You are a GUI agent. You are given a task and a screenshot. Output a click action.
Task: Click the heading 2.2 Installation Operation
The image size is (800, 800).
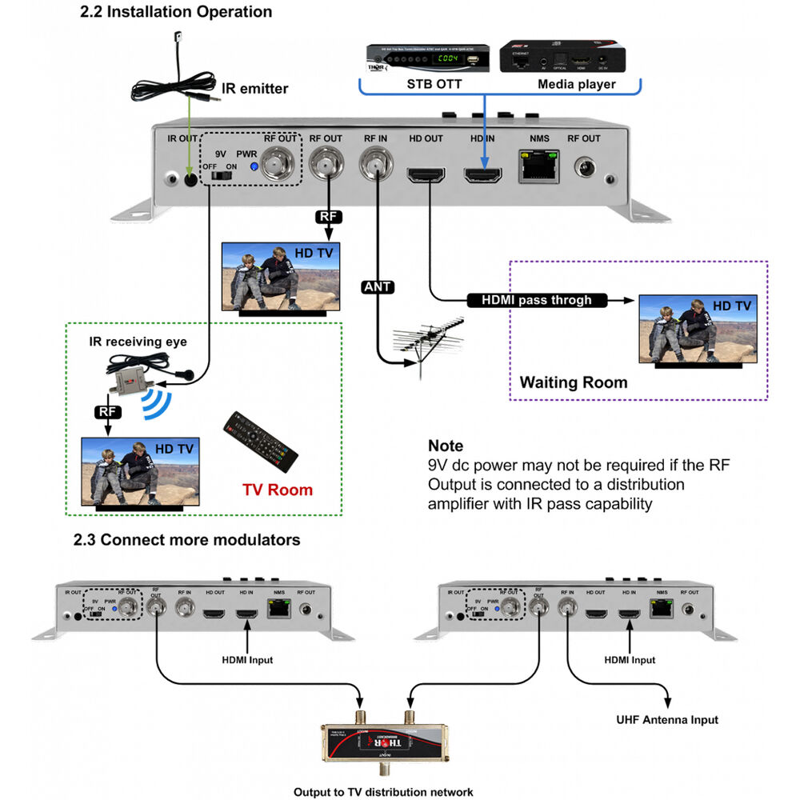tap(177, 12)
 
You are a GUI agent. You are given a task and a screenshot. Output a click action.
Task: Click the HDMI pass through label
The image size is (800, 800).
tap(536, 300)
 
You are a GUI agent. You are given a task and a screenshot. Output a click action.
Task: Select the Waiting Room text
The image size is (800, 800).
tap(574, 382)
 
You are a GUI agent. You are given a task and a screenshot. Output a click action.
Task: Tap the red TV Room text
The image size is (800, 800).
tap(278, 490)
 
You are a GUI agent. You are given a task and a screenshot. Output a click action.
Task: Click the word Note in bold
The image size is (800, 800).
tap(446, 446)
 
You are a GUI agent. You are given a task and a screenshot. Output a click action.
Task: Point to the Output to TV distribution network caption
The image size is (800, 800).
tap(383, 792)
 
